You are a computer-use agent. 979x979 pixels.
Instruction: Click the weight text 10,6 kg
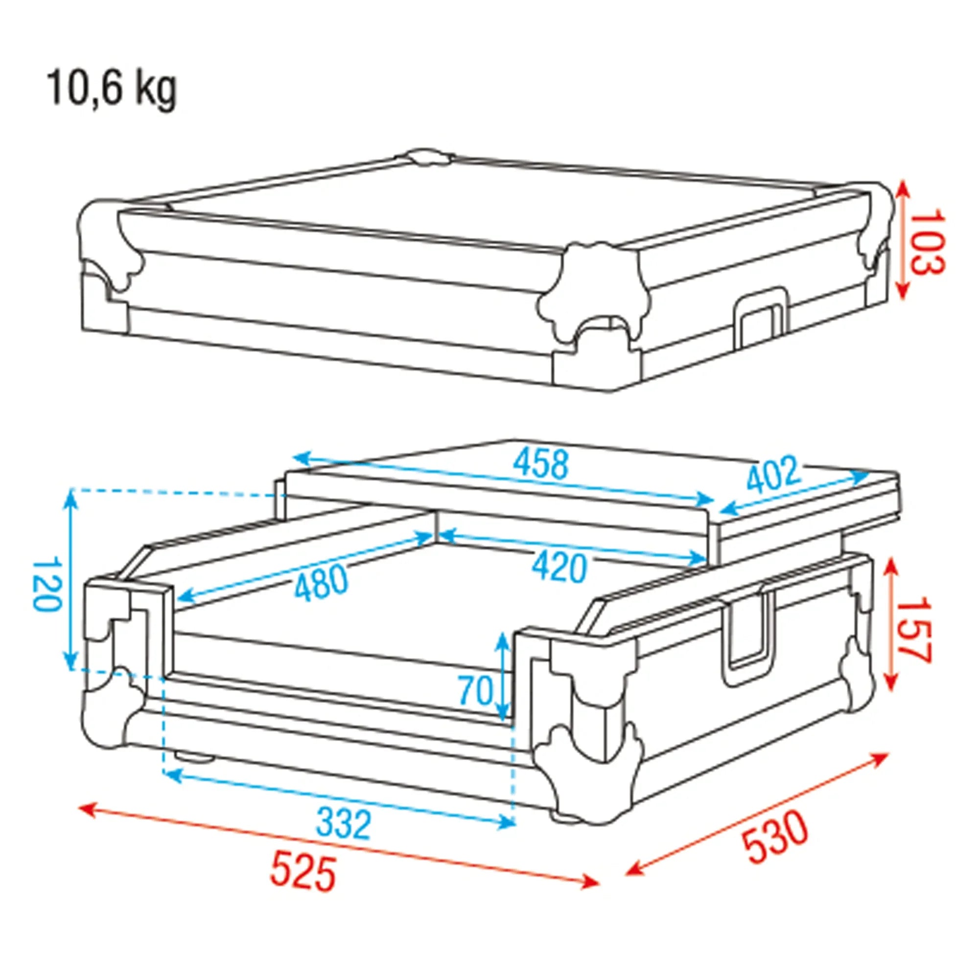pos(113,90)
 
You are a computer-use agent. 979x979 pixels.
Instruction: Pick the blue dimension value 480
pos(322,583)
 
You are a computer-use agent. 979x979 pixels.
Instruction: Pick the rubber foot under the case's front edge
pos(195,771)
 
